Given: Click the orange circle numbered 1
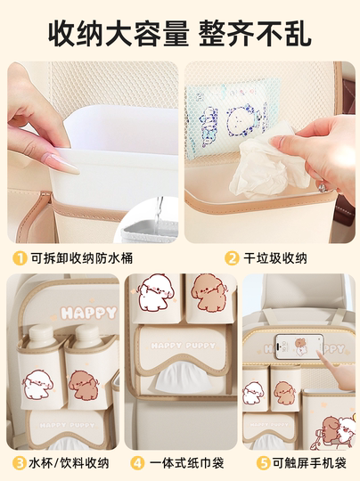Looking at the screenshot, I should tap(19, 258).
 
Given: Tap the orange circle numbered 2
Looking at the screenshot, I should tap(231, 258).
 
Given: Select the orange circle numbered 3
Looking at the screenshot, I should tap(19, 462).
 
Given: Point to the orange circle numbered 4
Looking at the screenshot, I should tap(137, 462).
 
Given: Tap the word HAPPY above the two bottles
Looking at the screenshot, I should tap(89, 313).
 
